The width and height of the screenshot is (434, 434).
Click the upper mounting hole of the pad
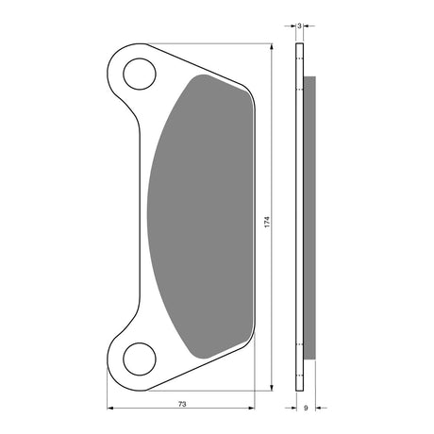click(140, 74)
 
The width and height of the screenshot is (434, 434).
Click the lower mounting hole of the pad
click(140, 359)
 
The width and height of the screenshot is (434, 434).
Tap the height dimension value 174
click(267, 222)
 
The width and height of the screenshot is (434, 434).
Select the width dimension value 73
click(182, 404)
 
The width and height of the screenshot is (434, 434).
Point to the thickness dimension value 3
click(299, 26)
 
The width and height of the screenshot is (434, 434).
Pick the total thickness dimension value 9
click(306, 408)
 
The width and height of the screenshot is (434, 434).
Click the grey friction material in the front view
click(201, 217)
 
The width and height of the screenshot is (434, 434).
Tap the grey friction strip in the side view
click(309, 218)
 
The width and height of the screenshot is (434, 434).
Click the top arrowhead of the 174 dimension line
click(272, 46)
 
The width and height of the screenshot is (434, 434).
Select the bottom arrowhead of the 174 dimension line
click(272, 388)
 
